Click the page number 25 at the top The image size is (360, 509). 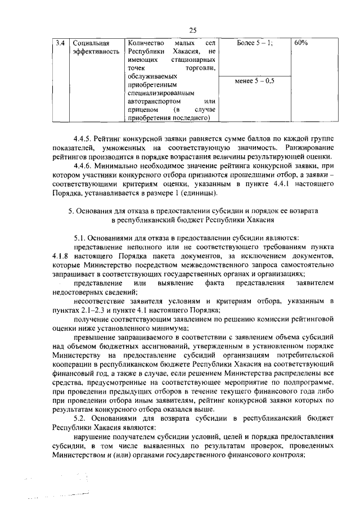tap(192, 30)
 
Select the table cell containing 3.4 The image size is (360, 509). tap(61, 43)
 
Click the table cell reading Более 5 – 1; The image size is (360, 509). tap(255, 43)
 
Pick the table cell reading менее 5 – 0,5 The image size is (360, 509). tap(255, 81)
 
